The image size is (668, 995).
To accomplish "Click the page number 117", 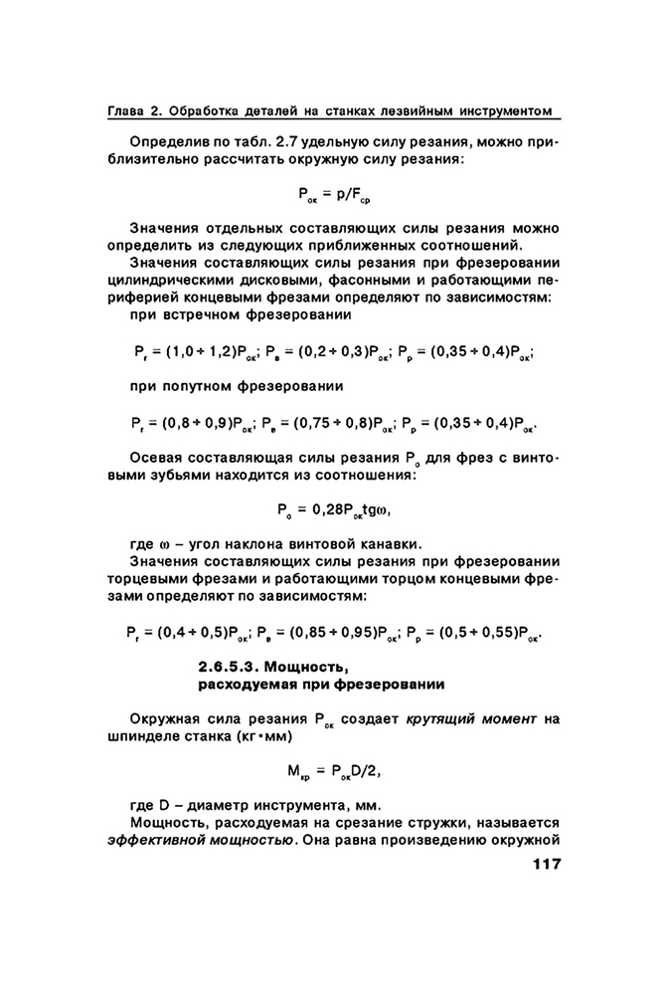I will [541, 863].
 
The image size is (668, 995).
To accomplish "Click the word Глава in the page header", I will [127, 108].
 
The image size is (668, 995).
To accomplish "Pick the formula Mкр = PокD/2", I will [333, 771].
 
